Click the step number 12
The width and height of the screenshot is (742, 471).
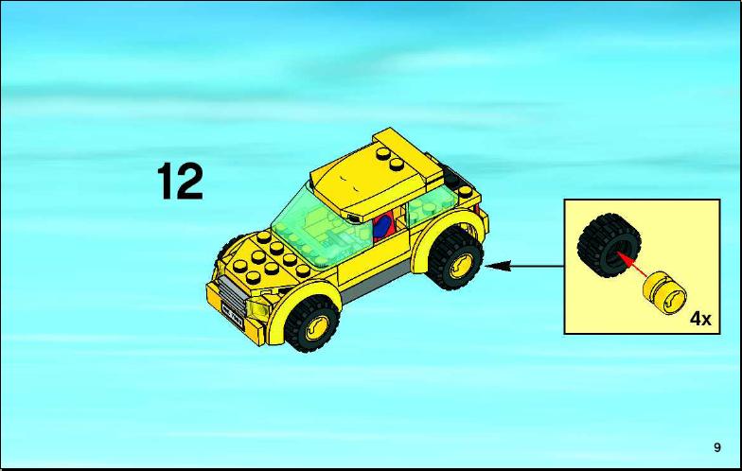coord(180,182)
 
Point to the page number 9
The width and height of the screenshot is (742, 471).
coord(717,447)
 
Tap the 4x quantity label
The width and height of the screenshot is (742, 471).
coord(700,318)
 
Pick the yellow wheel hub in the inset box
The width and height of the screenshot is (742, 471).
coord(664,293)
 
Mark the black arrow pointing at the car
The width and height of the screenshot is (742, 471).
coord(524,267)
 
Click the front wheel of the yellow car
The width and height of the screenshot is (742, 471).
coord(312,323)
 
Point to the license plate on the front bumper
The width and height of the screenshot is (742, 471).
coord(233,316)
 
